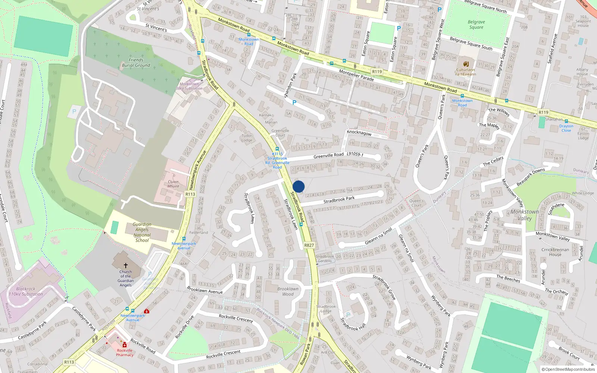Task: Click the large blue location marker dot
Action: pyautogui.click(x=298, y=186)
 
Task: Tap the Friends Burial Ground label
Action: pyautogui.click(x=136, y=63)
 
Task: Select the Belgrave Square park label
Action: pyautogui.click(x=476, y=25)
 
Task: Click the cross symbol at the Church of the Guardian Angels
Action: pyautogui.click(x=126, y=266)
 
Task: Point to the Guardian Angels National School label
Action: pyautogui.click(x=142, y=232)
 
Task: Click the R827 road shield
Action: pyautogui.click(x=309, y=245)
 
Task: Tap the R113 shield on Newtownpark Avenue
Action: pyautogui.click(x=190, y=194)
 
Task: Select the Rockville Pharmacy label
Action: pyautogui.click(x=125, y=352)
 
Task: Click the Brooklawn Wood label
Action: pyautogui.click(x=288, y=291)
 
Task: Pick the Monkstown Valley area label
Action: pyautogui.click(x=525, y=215)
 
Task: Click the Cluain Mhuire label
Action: pyautogui.click(x=173, y=184)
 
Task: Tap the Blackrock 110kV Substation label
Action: pyautogui.click(x=26, y=291)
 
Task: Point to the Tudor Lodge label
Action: pyautogui.click(x=247, y=138)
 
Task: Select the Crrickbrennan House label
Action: pyautogui.click(x=555, y=252)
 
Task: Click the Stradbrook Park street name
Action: pyautogui.click(x=339, y=200)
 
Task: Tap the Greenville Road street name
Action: pyautogui.click(x=328, y=156)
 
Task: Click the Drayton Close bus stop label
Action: pyautogui.click(x=566, y=128)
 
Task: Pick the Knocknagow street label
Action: pyautogui.click(x=359, y=133)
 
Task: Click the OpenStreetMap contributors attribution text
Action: pyautogui.click(x=570, y=369)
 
